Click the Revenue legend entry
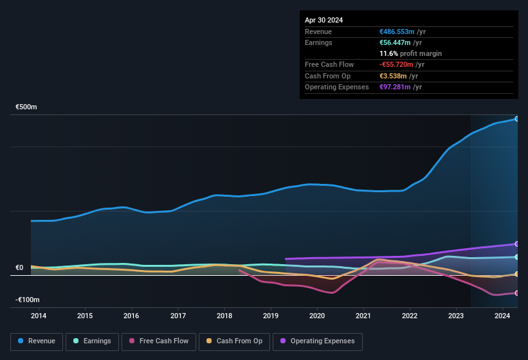37,341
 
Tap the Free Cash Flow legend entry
159,341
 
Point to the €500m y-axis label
26,107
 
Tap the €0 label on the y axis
19,268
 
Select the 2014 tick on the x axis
39,316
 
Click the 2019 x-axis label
270,316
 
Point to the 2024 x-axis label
502,316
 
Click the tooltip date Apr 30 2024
324,20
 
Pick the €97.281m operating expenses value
395,87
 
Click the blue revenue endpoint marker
516,119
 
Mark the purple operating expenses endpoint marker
516,244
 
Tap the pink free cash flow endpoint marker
516,293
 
